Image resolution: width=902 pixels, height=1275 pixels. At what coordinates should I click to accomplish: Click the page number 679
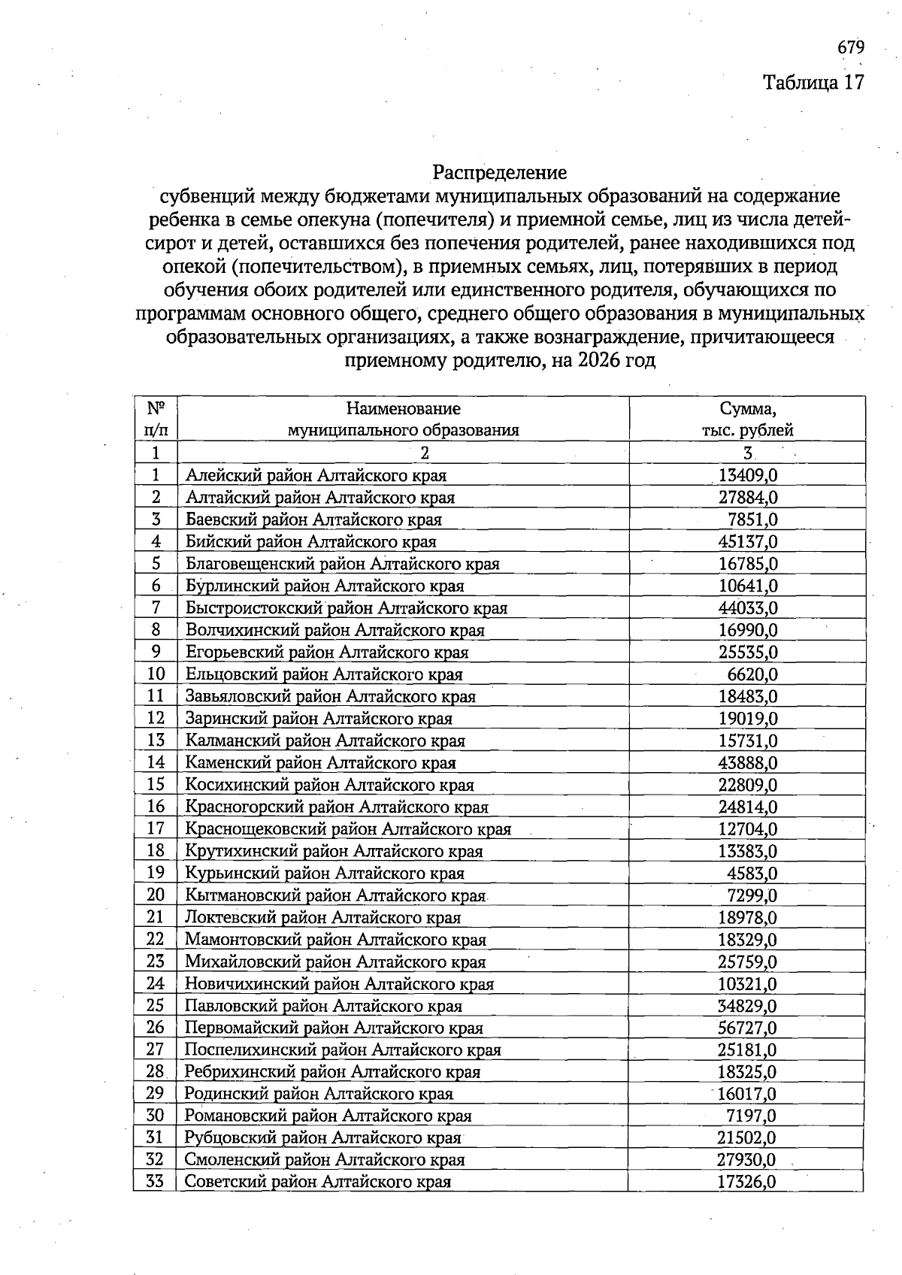pyautogui.click(x=851, y=47)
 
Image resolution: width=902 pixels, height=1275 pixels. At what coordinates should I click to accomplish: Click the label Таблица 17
pyautogui.click(x=814, y=82)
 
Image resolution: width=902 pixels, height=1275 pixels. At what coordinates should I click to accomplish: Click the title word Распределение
pyautogui.click(x=500, y=173)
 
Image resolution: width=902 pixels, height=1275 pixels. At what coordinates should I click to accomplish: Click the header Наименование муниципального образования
pyautogui.click(x=404, y=419)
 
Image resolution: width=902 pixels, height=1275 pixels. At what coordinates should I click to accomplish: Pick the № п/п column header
pyautogui.click(x=156, y=419)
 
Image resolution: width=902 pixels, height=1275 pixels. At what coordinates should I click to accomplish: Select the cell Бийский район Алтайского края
pyautogui.click(x=310, y=541)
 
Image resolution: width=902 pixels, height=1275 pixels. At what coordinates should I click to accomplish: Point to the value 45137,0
pyautogui.click(x=748, y=541)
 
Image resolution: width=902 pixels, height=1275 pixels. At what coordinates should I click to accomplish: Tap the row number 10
pyautogui.click(x=156, y=674)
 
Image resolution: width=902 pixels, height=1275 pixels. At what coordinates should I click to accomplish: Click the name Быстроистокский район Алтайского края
pyautogui.click(x=347, y=607)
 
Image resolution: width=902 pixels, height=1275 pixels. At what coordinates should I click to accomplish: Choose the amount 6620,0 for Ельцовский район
pyautogui.click(x=752, y=674)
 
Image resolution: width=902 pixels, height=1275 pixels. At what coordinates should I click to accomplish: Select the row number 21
pyautogui.click(x=156, y=917)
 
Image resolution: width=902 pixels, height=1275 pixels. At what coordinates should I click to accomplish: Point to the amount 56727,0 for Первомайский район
pyautogui.click(x=748, y=1028)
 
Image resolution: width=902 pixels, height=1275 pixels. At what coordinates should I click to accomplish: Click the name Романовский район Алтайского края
pyautogui.click(x=328, y=1116)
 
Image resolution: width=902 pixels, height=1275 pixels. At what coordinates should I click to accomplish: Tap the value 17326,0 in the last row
pyautogui.click(x=746, y=1183)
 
